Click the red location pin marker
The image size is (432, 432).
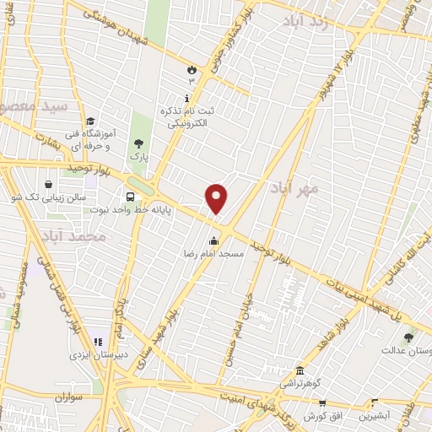click(217, 198)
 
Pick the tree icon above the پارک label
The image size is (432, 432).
click(138, 143)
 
